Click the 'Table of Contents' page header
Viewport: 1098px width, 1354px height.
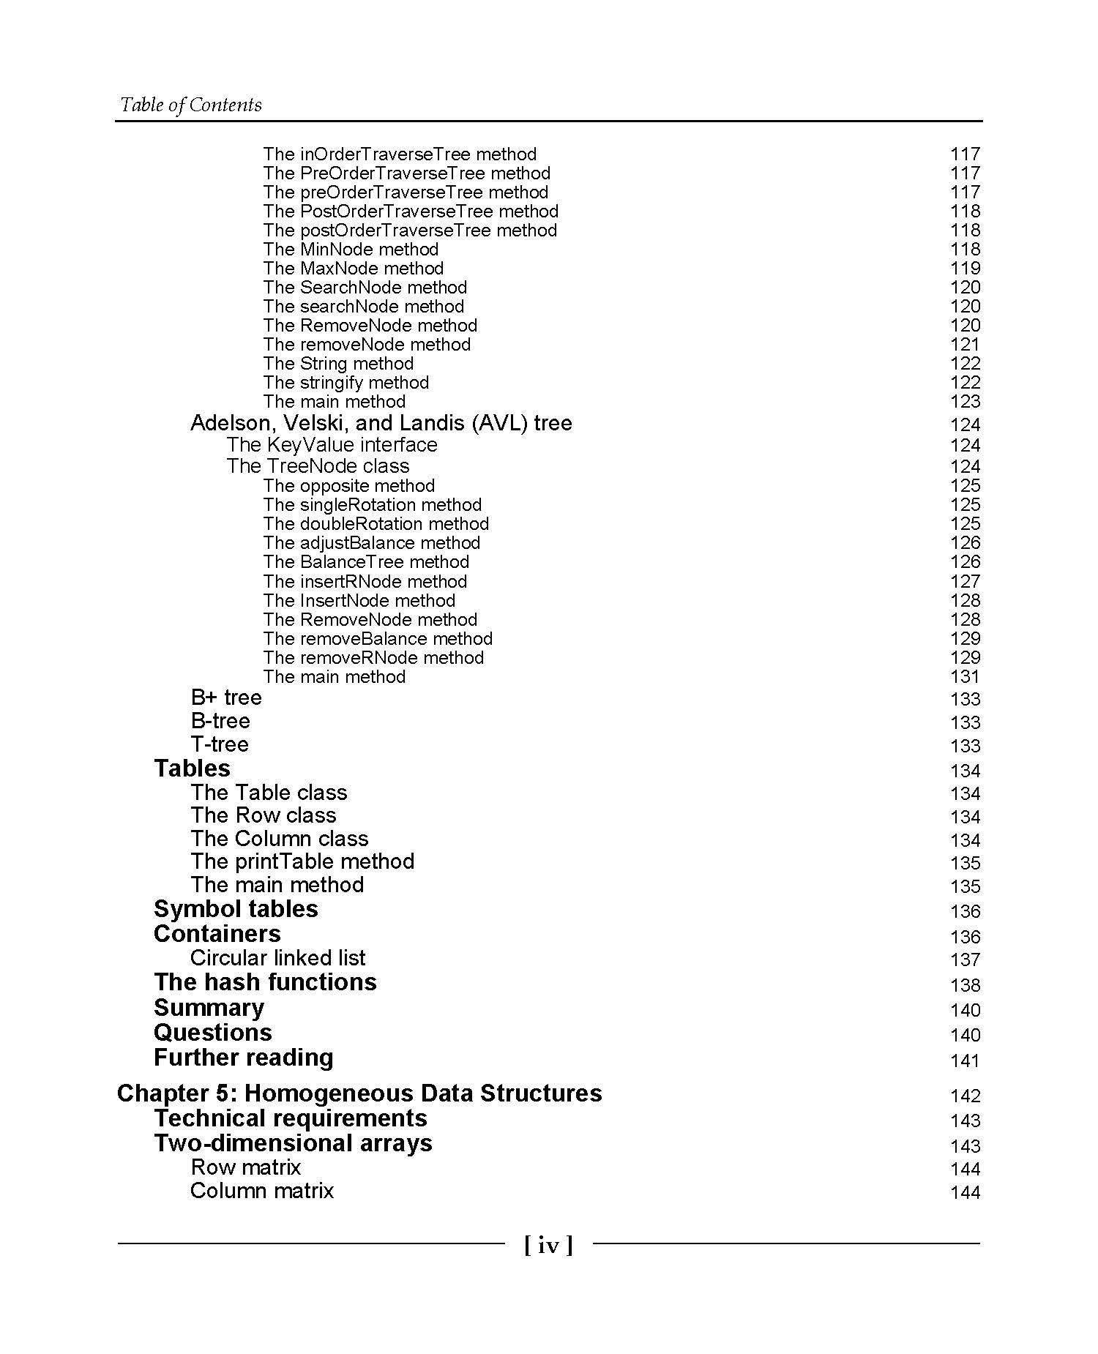tap(190, 105)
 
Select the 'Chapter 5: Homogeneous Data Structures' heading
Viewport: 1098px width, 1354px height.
tap(359, 1093)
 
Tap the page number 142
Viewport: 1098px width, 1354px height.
tap(965, 1096)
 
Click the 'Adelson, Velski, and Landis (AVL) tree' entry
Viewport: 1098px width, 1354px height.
tap(381, 423)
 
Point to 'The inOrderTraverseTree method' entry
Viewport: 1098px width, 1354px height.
tap(400, 154)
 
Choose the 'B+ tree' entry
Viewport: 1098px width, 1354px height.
tap(225, 697)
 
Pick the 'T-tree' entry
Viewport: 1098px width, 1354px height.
tap(220, 744)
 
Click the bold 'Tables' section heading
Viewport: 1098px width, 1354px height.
tap(192, 768)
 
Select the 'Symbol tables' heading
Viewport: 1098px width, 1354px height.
tap(236, 909)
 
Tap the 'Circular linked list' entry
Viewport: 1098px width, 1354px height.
tap(277, 958)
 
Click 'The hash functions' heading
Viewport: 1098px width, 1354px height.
tap(265, 982)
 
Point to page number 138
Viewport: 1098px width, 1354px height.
tap(965, 985)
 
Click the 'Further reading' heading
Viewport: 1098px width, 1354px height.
tap(243, 1058)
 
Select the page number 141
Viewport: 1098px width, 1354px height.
tap(965, 1061)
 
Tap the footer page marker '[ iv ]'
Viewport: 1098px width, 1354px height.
tap(548, 1245)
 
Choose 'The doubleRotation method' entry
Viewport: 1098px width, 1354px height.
tap(376, 524)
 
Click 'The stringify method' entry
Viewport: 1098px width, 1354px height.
tap(346, 383)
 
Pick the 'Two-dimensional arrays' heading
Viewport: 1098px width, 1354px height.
tap(293, 1143)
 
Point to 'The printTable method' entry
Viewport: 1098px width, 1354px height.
tap(302, 861)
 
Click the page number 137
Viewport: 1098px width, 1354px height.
tap(965, 960)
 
